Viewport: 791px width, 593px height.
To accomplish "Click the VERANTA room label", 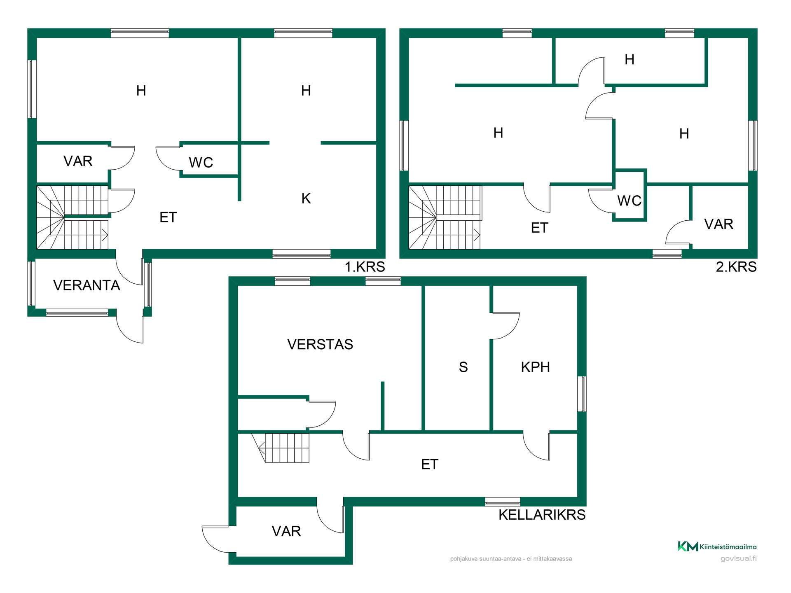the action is click(x=87, y=285).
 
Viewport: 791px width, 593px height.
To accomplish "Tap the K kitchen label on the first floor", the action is click(x=306, y=198).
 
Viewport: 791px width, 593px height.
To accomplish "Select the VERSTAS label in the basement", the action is click(x=320, y=344).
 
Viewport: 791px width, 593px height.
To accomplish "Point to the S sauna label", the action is click(x=463, y=367).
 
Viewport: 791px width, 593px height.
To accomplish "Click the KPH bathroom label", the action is click(x=536, y=367).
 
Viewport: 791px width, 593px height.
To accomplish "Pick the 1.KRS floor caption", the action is click(x=365, y=267).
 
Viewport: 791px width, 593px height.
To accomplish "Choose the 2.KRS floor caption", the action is click(x=736, y=267).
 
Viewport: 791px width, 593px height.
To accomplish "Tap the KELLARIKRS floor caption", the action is click(x=542, y=515).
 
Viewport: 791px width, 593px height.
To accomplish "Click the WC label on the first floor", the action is click(x=201, y=163).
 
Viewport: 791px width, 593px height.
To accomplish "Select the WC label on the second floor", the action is click(x=630, y=201).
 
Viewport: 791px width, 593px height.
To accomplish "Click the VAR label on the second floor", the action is click(x=719, y=224).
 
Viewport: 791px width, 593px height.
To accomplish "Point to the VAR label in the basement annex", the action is click(x=286, y=531).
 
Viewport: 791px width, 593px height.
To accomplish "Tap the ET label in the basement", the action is click(x=430, y=465).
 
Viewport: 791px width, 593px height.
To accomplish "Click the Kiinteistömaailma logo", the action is click(x=717, y=546).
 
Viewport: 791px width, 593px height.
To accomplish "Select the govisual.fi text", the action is click(x=739, y=559).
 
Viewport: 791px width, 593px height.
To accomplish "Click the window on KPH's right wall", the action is click(x=582, y=394).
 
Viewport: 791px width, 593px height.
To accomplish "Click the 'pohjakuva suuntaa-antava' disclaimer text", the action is click(x=511, y=559).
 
